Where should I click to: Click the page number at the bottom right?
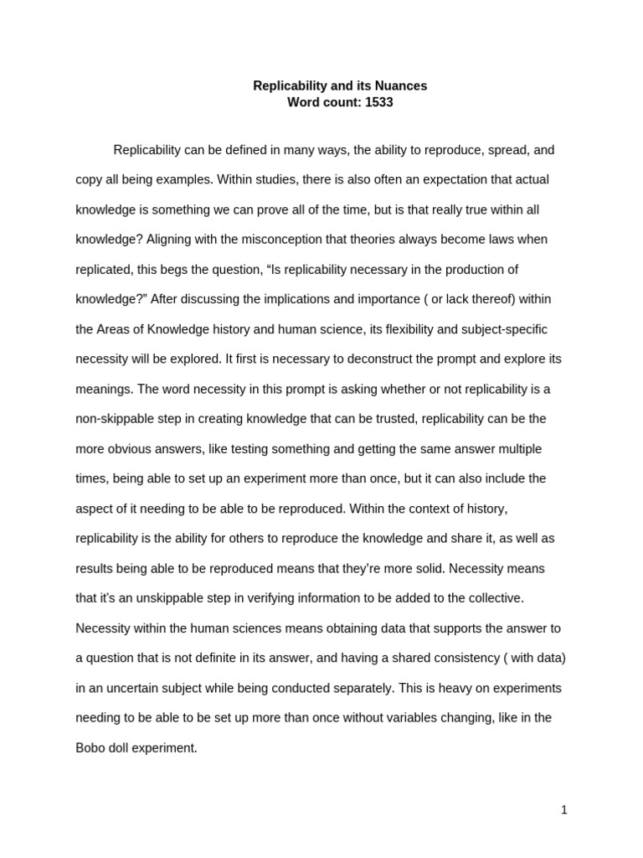click(x=564, y=809)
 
